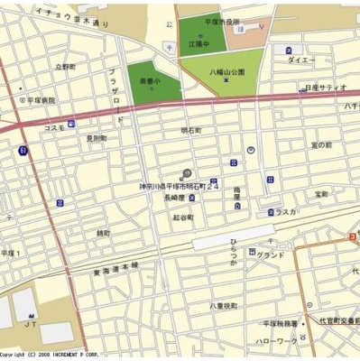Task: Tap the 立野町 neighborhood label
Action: coord(64,67)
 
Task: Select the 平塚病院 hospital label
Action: coord(39,100)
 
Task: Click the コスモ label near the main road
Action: coord(53,128)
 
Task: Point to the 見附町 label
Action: coord(97,138)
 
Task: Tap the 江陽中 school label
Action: coord(198,43)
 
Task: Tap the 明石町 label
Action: coord(191,130)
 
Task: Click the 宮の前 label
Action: coord(322,144)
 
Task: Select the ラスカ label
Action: coord(286,211)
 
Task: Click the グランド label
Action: coord(270,255)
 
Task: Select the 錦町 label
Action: coord(104,233)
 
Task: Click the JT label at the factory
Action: coord(30,323)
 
